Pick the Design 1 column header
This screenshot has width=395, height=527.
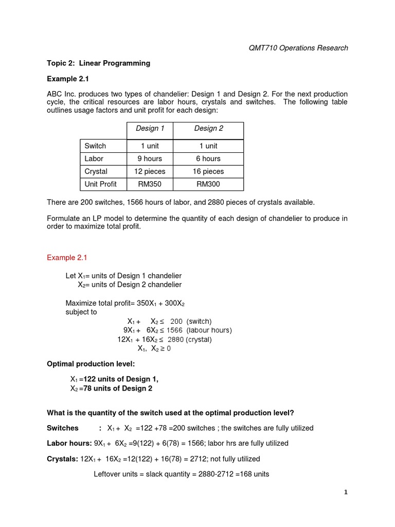tap(150, 129)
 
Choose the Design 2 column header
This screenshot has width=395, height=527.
tap(208, 129)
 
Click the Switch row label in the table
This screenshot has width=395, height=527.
tap(95, 146)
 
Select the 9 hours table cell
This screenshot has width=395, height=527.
tap(150, 159)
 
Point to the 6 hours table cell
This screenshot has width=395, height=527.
tap(208, 159)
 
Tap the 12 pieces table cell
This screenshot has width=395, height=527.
tap(150, 171)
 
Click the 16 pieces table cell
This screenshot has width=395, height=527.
tap(208, 171)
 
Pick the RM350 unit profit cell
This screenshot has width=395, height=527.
tap(150, 184)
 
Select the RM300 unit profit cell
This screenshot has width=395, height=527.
tap(208, 184)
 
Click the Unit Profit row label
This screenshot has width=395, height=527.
tap(101, 184)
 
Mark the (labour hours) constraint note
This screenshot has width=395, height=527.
tap(209, 330)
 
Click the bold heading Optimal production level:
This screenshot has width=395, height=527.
tap(91, 364)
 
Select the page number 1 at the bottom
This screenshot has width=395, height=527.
tap(346, 493)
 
